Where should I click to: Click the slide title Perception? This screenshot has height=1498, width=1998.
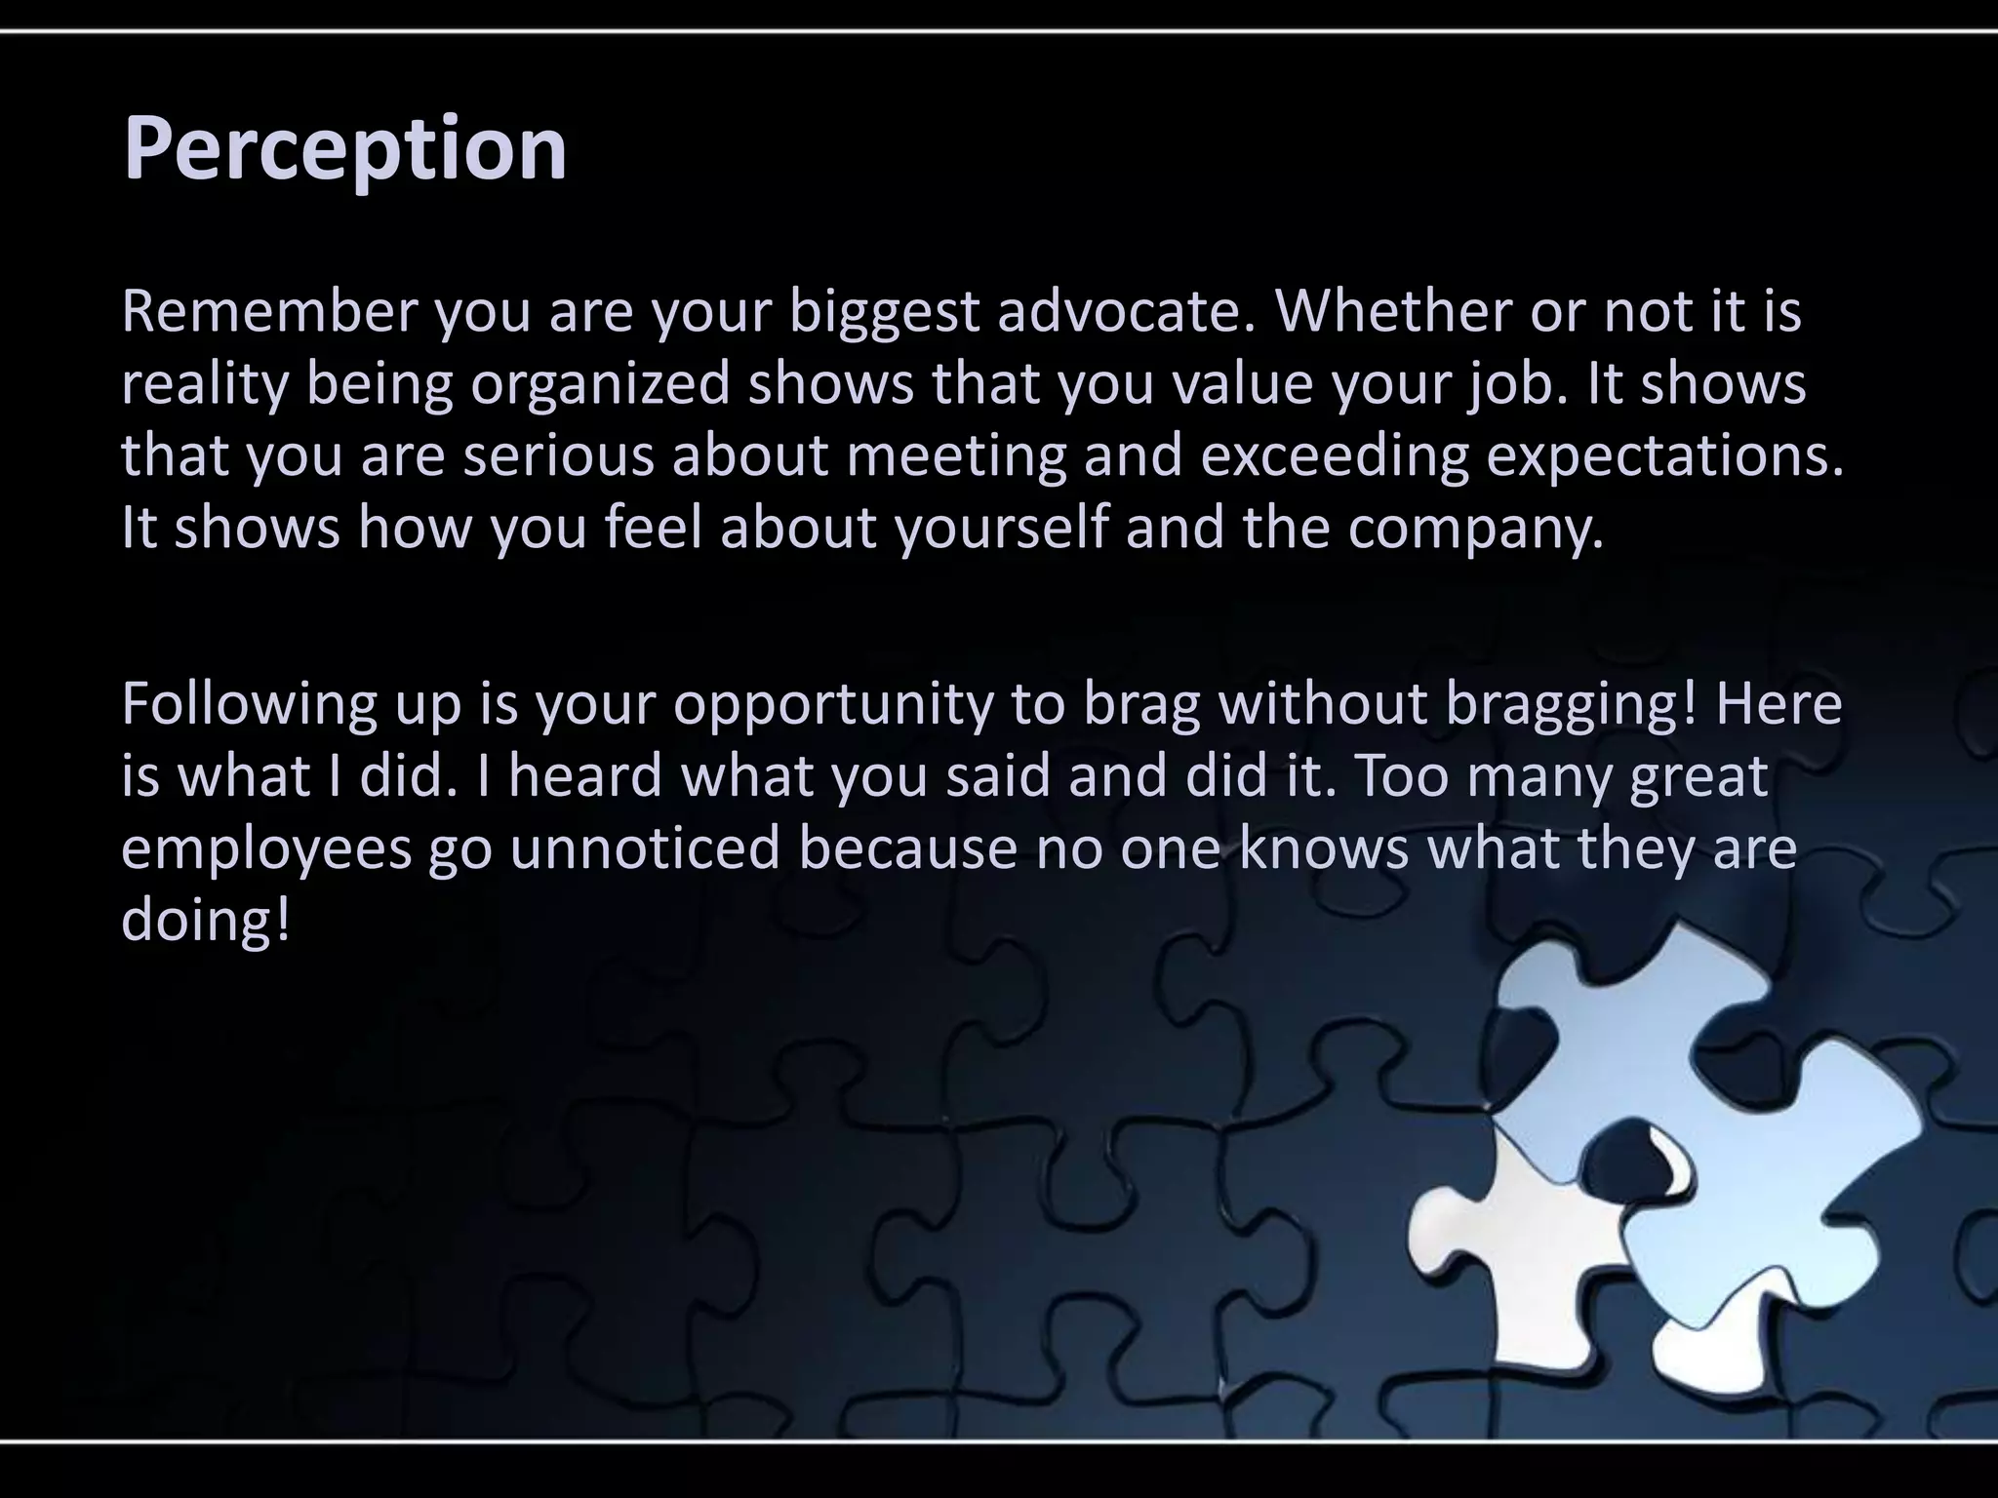(x=344, y=148)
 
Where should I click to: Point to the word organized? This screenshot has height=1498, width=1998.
(x=600, y=384)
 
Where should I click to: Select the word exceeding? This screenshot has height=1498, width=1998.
(x=1334, y=456)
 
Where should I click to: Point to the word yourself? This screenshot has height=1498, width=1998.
(x=1002, y=528)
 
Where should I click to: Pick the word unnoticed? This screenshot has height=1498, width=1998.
(x=645, y=848)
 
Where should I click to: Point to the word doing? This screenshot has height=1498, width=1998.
(x=206, y=921)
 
